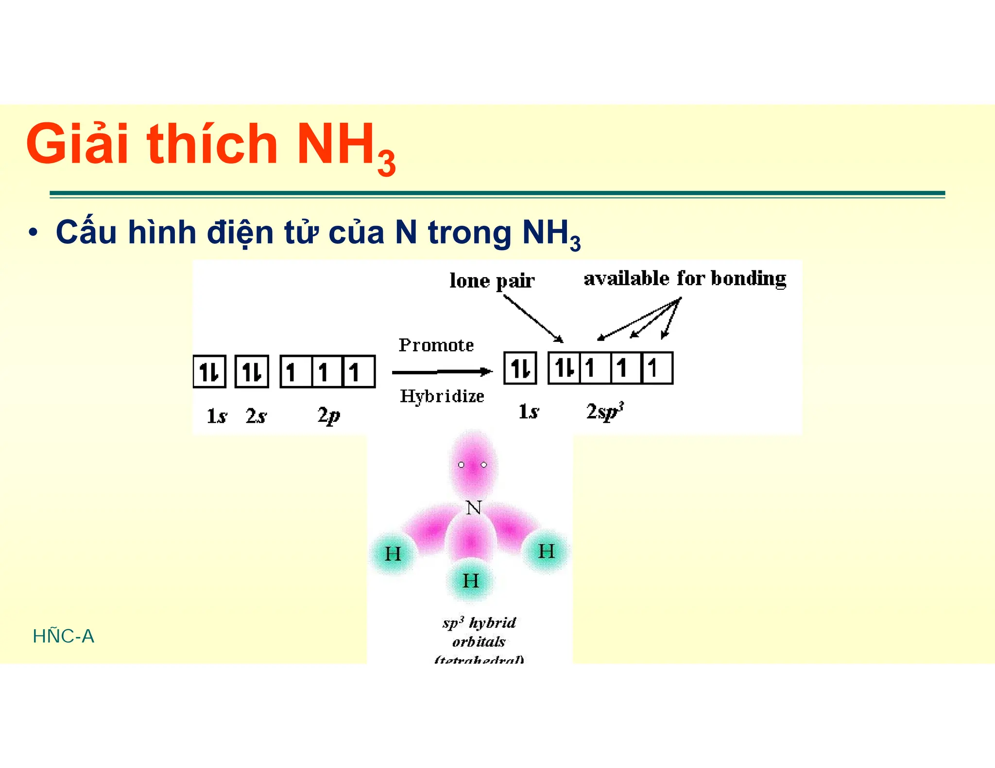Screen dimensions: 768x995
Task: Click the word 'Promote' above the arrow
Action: click(x=436, y=345)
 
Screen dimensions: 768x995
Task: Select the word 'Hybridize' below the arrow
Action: click(x=442, y=396)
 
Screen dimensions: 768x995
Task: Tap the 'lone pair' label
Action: click(x=492, y=281)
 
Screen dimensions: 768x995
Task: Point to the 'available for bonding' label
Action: click(x=685, y=279)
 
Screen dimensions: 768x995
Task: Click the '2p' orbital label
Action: click(x=328, y=416)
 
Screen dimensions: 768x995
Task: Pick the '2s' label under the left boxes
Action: click(x=256, y=416)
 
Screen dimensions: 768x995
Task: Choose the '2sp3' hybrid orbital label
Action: click(x=604, y=412)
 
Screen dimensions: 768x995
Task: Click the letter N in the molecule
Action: click(x=473, y=508)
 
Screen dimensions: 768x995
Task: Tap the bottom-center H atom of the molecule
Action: click(x=470, y=581)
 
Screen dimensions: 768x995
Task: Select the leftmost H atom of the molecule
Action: click(x=393, y=554)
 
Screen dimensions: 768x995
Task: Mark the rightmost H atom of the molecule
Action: click(x=547, y=551)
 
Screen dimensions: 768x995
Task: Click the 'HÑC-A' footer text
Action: click(x=63, y=636)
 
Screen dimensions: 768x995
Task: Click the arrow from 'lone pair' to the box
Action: click(x=533, y=318)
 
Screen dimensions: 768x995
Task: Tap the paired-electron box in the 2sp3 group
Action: click(x=564, y=368)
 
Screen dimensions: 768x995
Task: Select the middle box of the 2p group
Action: click(x=327, y=372)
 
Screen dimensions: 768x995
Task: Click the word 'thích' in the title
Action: click(x=212, y=144)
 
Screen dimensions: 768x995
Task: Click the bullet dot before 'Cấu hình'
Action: click(x=33, y=233)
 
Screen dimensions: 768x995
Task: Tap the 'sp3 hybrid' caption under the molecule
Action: click(x=479, y=623)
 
